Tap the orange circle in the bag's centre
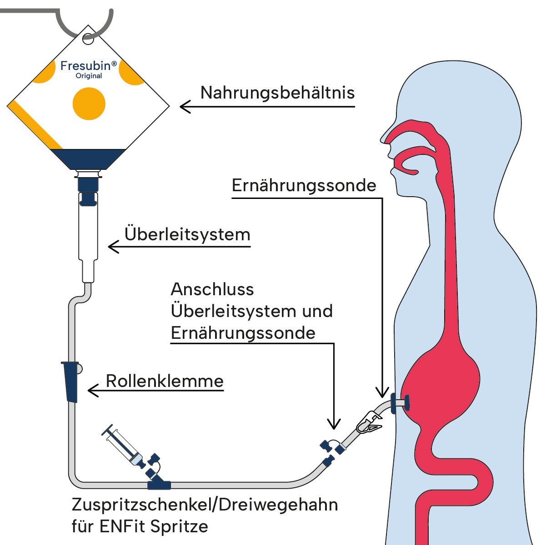[x=89, y=104]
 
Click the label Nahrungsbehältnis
[x=277, y=93]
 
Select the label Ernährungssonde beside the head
[x=304, y=185]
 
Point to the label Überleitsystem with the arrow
[x=187, y=234]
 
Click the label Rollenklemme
[x=165, y=381]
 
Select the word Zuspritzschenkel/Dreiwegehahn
[x=205, y=505]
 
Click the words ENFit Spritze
[x=154, y=526]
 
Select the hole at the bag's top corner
[x=88, y=39]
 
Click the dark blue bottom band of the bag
[x=89, y=159]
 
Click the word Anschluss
[x=212, y=289]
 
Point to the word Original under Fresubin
[x=89, y=76]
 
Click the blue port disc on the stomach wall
[x=406, y=402]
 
